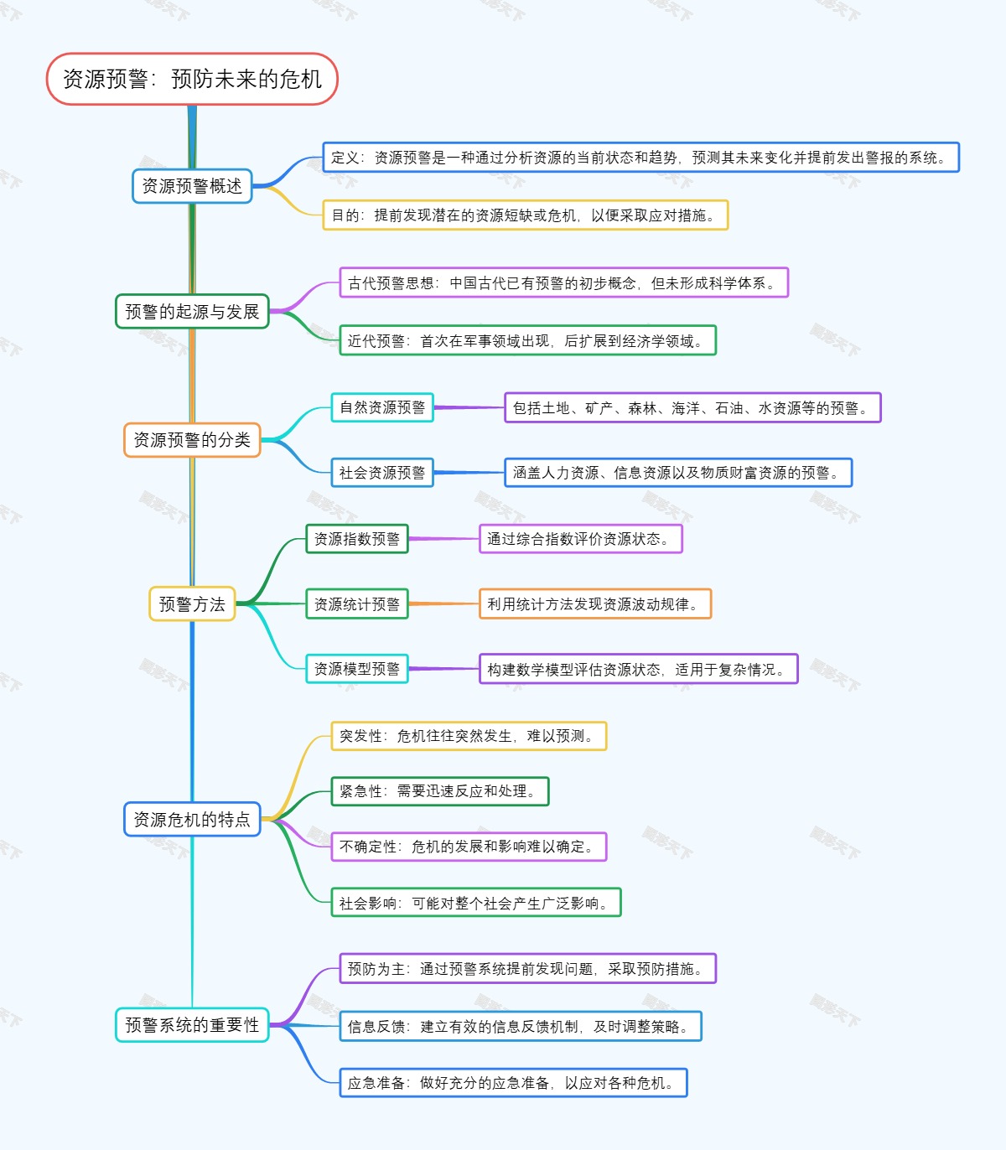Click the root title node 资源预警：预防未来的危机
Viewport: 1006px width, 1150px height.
(192, 79)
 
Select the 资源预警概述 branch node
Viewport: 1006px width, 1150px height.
(192, 186)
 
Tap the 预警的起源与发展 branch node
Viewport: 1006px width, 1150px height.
(192, 312)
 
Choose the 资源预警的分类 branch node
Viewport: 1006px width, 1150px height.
(192, 440)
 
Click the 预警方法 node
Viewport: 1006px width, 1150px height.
(192, 604)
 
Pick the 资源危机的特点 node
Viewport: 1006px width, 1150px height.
(192, 820)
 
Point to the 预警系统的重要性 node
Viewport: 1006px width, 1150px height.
(192, 1025)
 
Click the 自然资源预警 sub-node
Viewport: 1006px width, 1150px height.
(382, 407)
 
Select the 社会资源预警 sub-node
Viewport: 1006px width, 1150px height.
(382, 473)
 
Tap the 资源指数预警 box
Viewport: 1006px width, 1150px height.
(357, 539)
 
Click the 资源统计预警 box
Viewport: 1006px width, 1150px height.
(357, 604)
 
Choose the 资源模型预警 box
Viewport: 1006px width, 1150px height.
(357, 669)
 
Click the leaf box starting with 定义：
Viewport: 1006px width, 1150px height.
(640, 158)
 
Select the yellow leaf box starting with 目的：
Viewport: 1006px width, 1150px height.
(526, 215)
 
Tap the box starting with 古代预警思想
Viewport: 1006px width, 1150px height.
(563, 283)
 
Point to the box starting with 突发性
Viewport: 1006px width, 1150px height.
(469, 736)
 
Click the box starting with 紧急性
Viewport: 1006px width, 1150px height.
(440, 791)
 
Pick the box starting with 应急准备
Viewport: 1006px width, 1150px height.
(513, 1083)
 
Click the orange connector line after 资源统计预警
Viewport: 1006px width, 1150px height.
(443, 604)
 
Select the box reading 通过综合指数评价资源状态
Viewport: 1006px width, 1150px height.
(580, 539)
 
